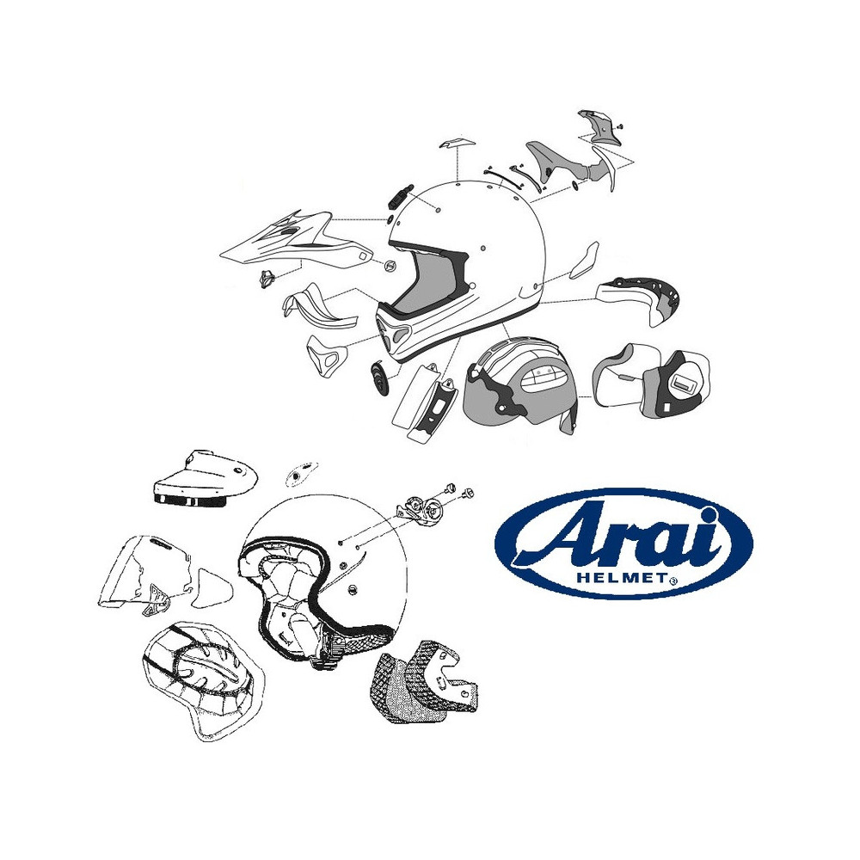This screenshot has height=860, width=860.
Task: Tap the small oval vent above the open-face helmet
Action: (x=300, y=471)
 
